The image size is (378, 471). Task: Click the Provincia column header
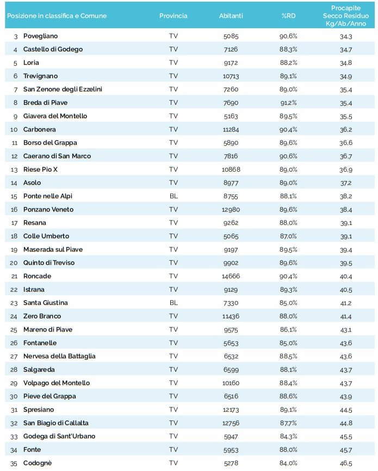pyautogui.click(x=173, y=16)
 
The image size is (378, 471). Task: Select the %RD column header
pyautogui.click(x=288, y=16)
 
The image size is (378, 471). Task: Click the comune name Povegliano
pyautogui.click(x=40, y=36)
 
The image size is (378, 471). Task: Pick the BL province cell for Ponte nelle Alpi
pyautogui.click(x=173, y=196)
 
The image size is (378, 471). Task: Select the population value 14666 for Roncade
pyautogui.click(x=230, y=276)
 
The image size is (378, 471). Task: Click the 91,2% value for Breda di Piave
pyautogui.click(x=288, y=103)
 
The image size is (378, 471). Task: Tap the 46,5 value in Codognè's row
pyautogui.click(x=345, y=463)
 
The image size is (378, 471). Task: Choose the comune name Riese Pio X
pyautogui.click(x=40, y=169)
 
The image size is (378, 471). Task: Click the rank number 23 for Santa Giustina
pyautogui.click(x=15, y=303)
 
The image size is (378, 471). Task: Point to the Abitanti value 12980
pyautogui.click(x=230, y=209)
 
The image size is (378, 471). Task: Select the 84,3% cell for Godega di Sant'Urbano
pyautogui.click(x=288, y=436)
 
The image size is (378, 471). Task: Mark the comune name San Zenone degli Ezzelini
pyautogui.click(x=63, y=89)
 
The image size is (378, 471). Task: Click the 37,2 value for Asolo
pyautogui.click(x=345, y=183)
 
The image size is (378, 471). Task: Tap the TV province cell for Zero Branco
pyautogui.click(x=173, y=316)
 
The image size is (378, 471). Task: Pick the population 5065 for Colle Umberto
pyautogui.click(x=230, y=236)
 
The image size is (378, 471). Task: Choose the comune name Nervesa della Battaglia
pyautogui.click(x=59, y=356)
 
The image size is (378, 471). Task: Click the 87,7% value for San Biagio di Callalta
pyautogui.click(x=288, y=423)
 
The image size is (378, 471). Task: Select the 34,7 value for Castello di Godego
pyautogui.click(x=345, y=49)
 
